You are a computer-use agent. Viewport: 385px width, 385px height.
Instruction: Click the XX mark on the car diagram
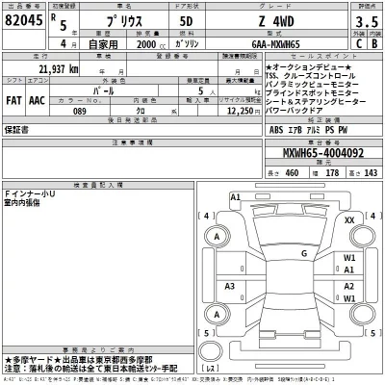pyautogui.click(x=349, y=220)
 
